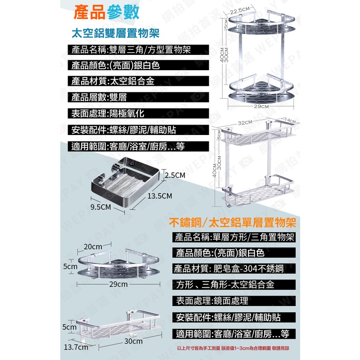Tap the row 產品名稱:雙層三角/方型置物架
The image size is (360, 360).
point(130,50)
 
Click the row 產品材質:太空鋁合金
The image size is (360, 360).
point(108,81)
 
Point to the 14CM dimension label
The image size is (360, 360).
point(289,121)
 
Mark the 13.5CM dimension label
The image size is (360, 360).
point(160,196)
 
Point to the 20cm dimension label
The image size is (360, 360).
point(93,247)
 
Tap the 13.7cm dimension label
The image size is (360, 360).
point(76,347)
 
